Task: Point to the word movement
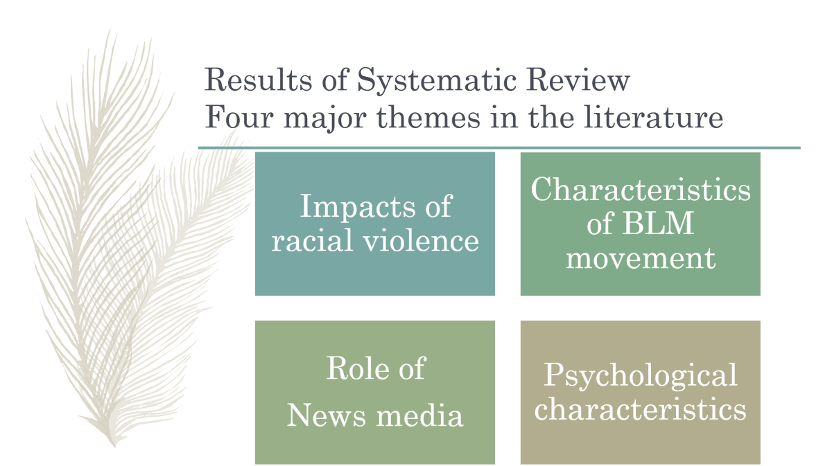point(640,258)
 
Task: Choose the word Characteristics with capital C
point(641,189)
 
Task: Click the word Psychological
point(640,376)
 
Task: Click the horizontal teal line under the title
point(499,147)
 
